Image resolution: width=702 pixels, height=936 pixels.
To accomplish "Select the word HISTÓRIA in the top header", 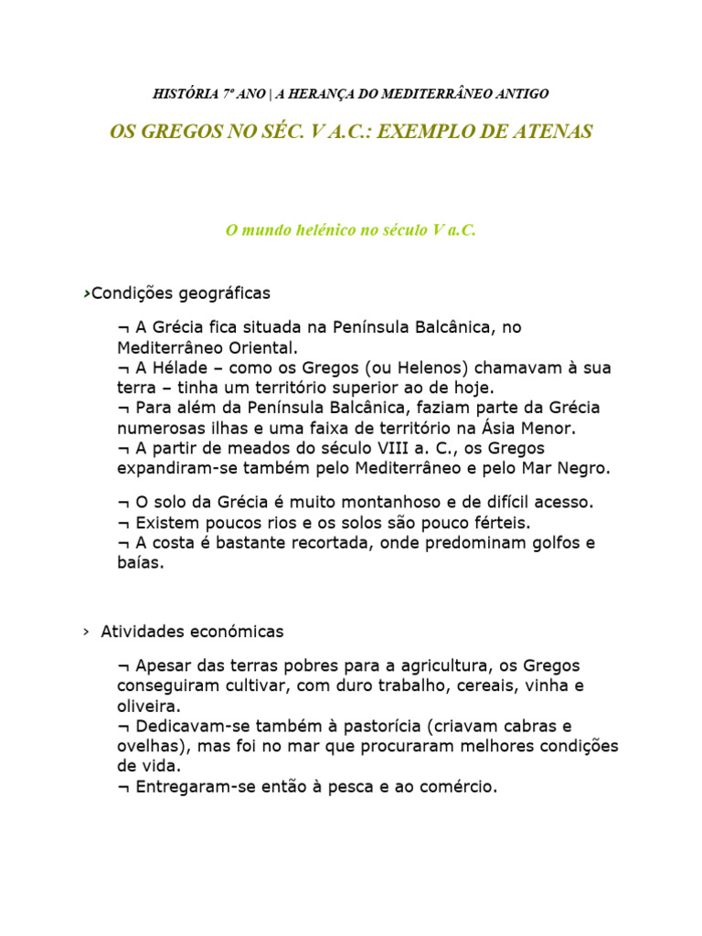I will [x=185, y=93].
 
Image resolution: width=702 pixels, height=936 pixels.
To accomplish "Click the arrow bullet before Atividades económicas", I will [x=85, y=632].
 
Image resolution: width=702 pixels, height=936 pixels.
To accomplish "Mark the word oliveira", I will [x=148, y=706].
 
